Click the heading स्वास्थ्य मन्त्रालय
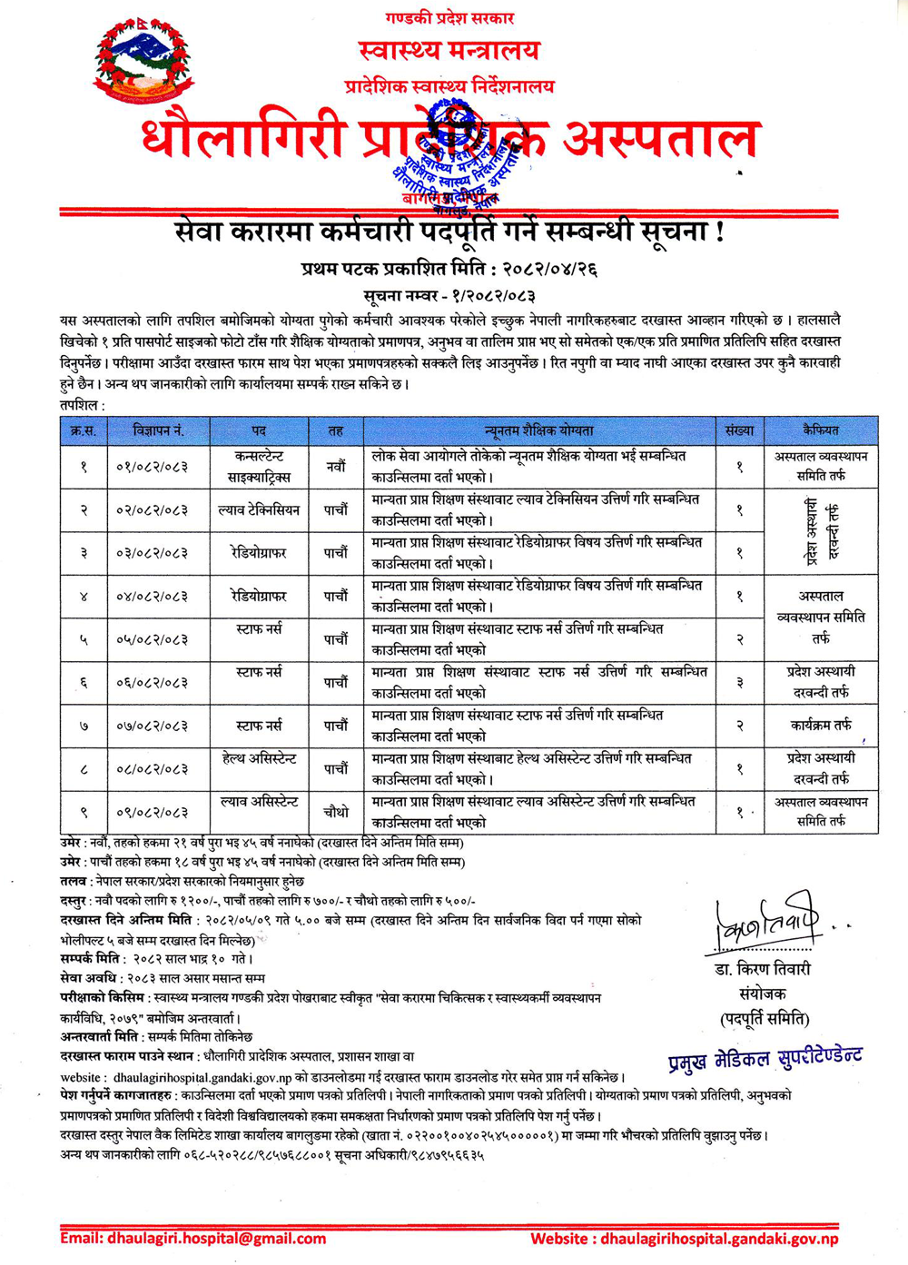click(x=449, y=51)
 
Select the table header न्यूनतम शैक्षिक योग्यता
click(x=539, y=430)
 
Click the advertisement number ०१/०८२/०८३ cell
click(x=152, y=467)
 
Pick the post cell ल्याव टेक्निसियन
click(x=259, y=510)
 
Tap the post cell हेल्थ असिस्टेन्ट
click(x=259, y=758)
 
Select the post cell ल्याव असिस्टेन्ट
click(x=259, y=802)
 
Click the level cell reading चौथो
click(x=336, y=813)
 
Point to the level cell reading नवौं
click(x=336, y=467)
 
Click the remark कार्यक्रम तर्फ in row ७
click(x=821, y=726)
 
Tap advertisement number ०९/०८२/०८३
click(x=152, y=813)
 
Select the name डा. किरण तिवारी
click(x=762, y=970)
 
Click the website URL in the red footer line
click(x=719, y=1239)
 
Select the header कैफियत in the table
click(x=821, y=430)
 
